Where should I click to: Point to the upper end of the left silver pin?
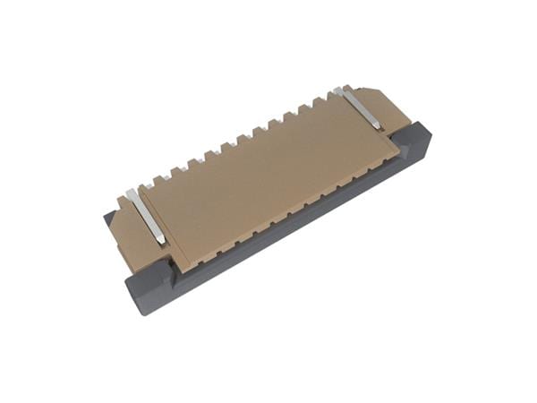pyautogui.click(x=133, y=192)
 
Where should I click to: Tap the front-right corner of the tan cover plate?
pyautogui.click(x=398, y=152)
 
